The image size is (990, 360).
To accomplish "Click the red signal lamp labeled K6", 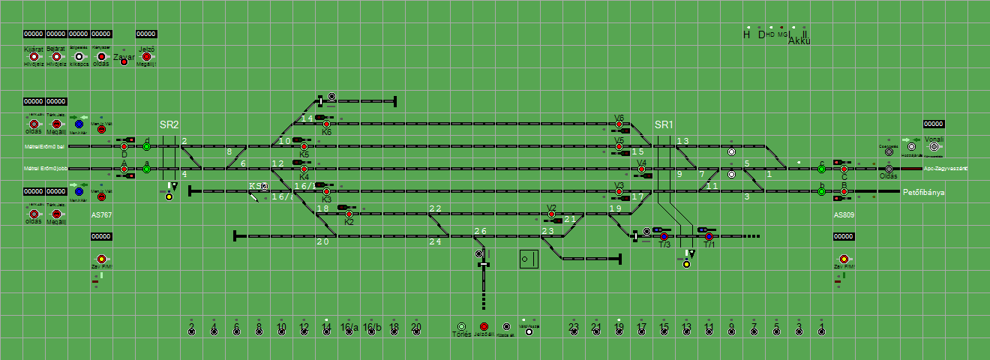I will pyautogui.click(x=326, y=124).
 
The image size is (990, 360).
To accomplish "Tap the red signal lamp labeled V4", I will pyautogui.click(x=642, y=169).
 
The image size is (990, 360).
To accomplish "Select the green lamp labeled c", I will pyautogui.click(x=822, y=169).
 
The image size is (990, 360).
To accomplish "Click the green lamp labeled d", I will pyautogui.click(x=147, y=146).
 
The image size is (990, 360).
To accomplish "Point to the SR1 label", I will pyautogui.click(x=664, y=124).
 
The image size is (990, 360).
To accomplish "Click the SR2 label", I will pyautogui.click(x=169, y=124).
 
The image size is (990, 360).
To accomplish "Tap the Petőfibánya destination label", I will pyautogui.click(x=923, y=192).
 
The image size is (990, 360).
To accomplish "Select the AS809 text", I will pyautogui.click(x=844, y=214).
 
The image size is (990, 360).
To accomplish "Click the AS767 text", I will pyautogui.click(x=101, y=214).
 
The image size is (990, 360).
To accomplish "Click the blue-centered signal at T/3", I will pyautogui.click(x=664, y=237).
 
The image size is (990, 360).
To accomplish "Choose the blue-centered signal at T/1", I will pyautogui.click(x=709, y=237).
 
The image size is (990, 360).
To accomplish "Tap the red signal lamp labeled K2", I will pyautogui.click(x=349, y=214).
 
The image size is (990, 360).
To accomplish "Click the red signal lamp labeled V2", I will pyautogui.click(x=552, y=214).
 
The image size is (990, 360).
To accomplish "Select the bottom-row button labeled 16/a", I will pyautogui.click(x=349, y=331).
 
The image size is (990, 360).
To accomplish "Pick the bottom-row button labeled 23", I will pyautogui.click(x=574, y=331).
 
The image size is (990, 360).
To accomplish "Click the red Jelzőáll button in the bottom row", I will pyautogui.click(x=484, y=327).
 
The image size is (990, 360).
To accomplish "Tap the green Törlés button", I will pyautogui.click(x=461, y=327).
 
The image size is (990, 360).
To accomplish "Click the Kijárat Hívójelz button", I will pyautogui.click(x=34, y=56).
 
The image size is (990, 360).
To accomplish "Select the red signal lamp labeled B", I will pyautogui.click(x=844, y=192).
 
